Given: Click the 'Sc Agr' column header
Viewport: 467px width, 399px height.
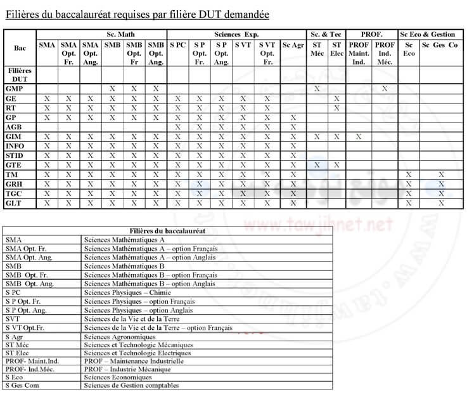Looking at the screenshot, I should [x=293, y=45].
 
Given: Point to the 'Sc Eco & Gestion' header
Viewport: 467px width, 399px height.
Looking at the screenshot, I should [x=428, y=34].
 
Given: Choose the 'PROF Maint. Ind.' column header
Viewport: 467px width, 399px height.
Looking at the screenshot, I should [x=359, y=53].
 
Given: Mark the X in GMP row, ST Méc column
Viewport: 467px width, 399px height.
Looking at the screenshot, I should [x=317, y=89].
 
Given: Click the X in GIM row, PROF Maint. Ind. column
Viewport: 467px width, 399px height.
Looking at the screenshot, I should [x=359, y=136].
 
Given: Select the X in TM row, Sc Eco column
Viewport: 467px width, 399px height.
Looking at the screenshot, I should [x=409, y=174].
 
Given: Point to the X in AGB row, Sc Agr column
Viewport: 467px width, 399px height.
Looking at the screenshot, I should [x=293, y=127].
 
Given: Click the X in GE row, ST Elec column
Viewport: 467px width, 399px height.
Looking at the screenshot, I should [x=337, y=98].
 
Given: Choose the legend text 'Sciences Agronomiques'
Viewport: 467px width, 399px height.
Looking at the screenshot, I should [x=120, y=336].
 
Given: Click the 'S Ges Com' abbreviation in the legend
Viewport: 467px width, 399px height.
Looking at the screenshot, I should [x=22, y=385].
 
